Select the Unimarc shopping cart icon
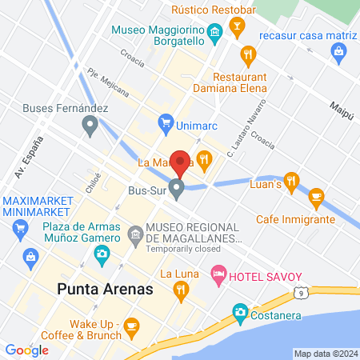tap(166, 122)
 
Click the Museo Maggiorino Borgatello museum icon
tap(214, 33)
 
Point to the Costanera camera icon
tap(239, 311)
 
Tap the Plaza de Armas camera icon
tap(102, 254)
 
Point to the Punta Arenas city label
tap(104, 288)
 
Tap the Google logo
tap(27, 350)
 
